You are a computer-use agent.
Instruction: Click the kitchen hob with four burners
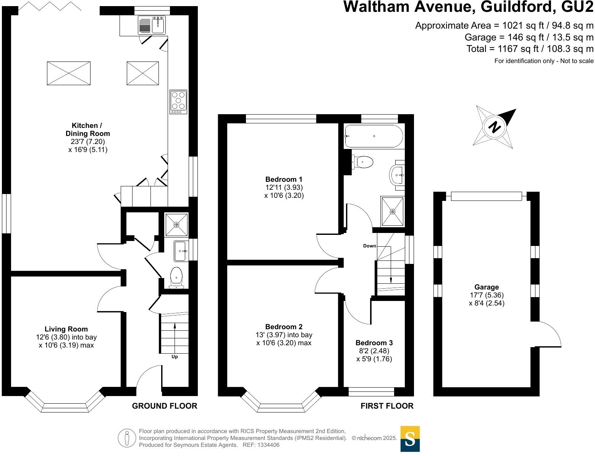(178, 102)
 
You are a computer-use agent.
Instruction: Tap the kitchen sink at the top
(152, 26)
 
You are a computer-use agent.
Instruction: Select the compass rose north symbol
(495, 127)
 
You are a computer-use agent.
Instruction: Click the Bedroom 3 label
(374, 343)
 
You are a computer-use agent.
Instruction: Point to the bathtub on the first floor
(373, 136)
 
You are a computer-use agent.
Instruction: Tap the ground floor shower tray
(176, 225)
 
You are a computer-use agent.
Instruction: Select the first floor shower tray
(392, 211)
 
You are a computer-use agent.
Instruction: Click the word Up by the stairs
(175, 357)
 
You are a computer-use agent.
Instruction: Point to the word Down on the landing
(369, 246)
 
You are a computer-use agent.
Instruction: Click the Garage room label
(487, 287)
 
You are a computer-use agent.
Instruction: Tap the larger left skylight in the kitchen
(69, 73)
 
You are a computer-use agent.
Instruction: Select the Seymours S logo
(410, 439)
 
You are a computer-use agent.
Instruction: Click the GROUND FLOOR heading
(165, 406)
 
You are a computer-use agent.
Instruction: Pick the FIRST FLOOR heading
(387, 406)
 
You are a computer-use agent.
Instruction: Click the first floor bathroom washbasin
(397, 175)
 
